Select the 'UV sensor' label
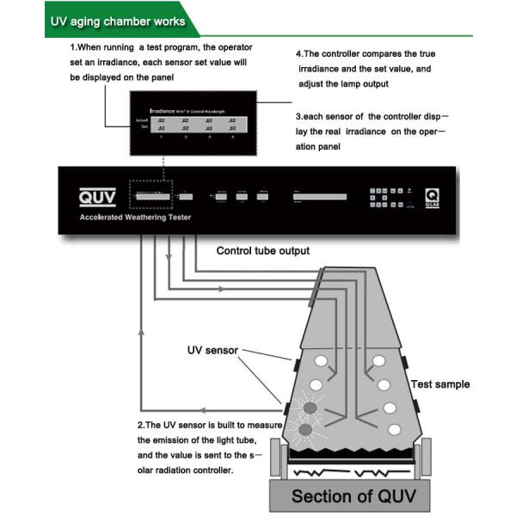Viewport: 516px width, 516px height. point(212,350)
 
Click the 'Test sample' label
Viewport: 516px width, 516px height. point(440,384)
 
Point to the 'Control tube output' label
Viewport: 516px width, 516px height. point(262,250)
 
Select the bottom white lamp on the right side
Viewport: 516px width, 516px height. point(395,428)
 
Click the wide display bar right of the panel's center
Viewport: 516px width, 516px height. point(319,197)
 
